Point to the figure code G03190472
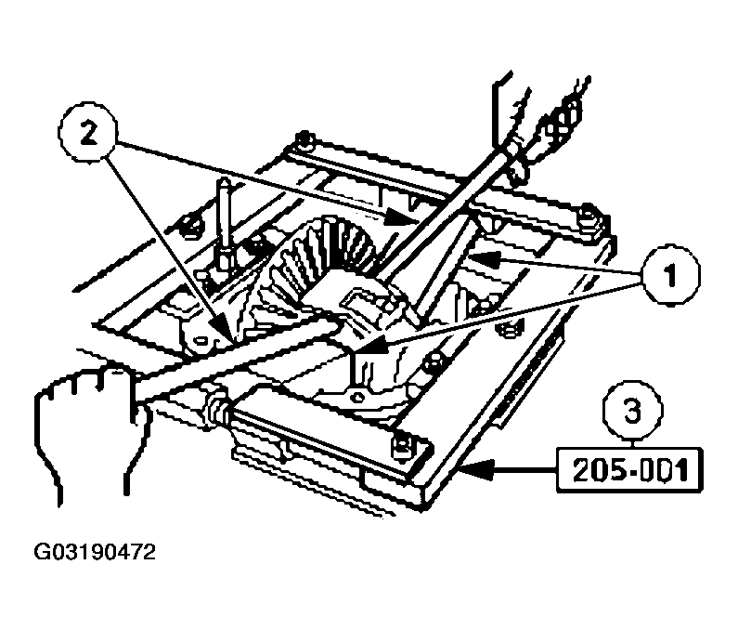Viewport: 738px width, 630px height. pos(96,555)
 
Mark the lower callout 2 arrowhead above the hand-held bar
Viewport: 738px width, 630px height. pos(220,332)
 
